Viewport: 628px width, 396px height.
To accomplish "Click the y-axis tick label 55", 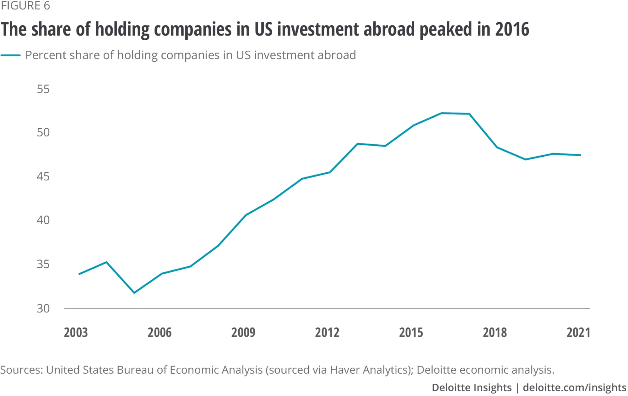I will click(x=43, y=89).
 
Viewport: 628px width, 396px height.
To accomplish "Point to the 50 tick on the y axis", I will click(x=43, y=132).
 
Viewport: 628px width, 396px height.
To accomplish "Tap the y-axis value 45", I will click(x=43, y=176).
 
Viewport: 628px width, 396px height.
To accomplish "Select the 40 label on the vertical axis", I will click(x=43, y=220).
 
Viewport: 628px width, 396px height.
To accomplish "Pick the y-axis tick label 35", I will click(x=43, y=264).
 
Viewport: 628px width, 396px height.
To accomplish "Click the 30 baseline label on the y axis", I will click(x=43, y=309).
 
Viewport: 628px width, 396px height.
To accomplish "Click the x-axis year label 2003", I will click(x=76, y=332).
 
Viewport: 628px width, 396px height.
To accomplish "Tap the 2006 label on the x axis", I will click(x=160, y=332).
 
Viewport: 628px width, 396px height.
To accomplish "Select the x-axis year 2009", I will click(x=243, y=332).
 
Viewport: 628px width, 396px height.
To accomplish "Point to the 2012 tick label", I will click(x=327, y=332).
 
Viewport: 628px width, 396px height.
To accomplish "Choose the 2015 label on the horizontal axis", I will click(x=411, y=332).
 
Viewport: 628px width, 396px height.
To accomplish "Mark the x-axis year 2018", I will click(x=495, y=332).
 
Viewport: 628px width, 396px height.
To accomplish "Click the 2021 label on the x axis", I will click(x=578, y=332).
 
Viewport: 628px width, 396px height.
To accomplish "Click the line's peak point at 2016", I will click(x=441, y=113).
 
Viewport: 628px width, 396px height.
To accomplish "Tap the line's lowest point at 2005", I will click(x=134, y=293).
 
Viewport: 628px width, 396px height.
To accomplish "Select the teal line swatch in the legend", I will click(x=11, y=55).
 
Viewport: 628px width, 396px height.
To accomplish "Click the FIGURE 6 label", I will click(x=25, y=6).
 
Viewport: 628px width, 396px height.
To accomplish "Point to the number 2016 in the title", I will click(x=512, y=29).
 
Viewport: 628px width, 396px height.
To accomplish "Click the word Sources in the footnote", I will click(x=21, y=370).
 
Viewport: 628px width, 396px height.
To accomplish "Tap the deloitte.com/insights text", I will click(x=575, y=388).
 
